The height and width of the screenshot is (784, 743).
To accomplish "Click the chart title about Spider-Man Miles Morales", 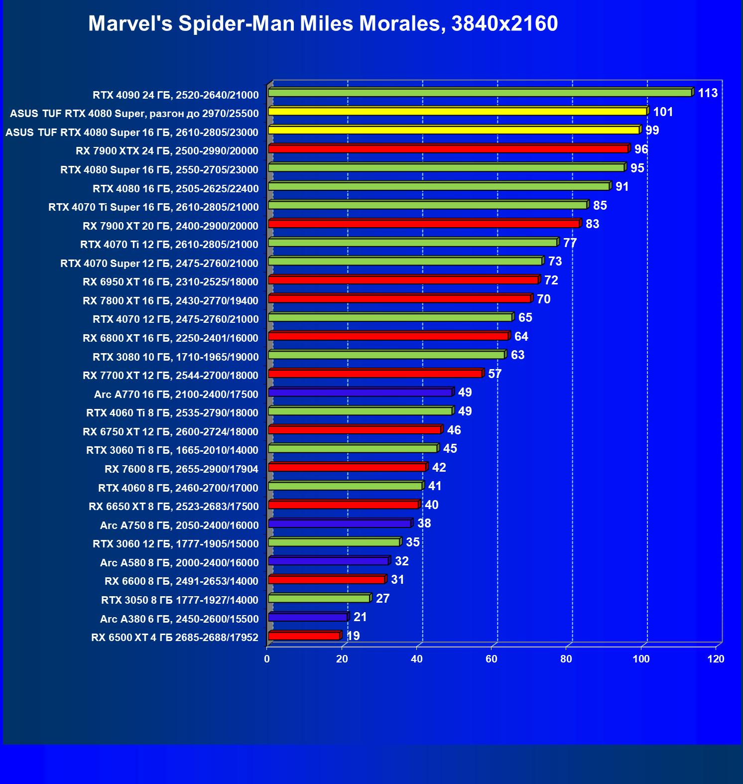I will click(x=323, y=23).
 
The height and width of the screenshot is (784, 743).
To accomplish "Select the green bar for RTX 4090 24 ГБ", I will click(x=480, y=93).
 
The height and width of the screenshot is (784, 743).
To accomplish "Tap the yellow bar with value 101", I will click(x=457, y=112).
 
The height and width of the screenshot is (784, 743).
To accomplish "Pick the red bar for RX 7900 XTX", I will click(x=448, y=149).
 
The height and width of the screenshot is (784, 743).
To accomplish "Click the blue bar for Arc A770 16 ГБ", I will click(x=360, y=392).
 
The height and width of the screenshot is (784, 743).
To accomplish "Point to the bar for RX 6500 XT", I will click(x=304, y=636).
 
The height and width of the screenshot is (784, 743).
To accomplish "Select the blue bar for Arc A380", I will click(x=308, y=617).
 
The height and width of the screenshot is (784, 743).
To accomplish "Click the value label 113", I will click(x=708, y=93).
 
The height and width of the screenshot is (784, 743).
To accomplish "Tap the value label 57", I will click(x=495, y=374).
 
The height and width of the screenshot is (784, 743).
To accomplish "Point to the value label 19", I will click(x=353, y=636).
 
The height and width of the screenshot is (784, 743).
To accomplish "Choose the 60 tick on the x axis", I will click(x=492, y=659).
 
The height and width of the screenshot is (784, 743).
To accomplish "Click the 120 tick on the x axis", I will click(x=716, y=659).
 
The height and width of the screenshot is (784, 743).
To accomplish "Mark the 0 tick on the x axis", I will click(x=267, y=659).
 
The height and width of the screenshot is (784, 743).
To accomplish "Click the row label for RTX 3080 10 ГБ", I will click(x=175, y=357).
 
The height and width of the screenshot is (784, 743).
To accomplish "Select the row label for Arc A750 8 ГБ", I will click(x=179, y=525).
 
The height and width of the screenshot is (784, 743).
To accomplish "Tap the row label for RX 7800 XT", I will click(x=170, y=301).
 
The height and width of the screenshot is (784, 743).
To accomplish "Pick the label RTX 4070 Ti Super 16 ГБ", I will click(x=153, y=207).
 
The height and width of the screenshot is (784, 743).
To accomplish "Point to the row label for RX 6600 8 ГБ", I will click(x=181, y=581).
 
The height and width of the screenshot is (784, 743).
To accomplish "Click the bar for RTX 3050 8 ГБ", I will click(x=319, y=598).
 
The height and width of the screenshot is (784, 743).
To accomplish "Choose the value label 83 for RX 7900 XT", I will click(x=592, y=224).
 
